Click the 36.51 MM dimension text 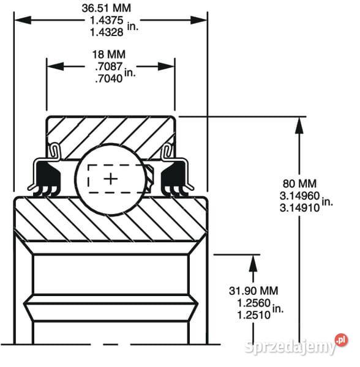point(107,8)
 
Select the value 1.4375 point(107,20)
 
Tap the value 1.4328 point(107,32)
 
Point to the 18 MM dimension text point(109,54)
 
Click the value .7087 point(109,67)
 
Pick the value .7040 point(109,79)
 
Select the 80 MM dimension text point(299,183)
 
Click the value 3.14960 point(300,196)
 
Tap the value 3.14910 point(300,208)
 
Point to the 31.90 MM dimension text point(253,291)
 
